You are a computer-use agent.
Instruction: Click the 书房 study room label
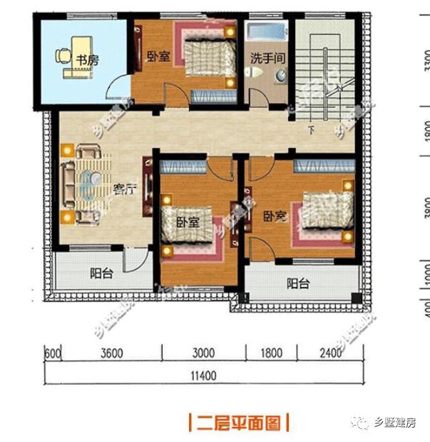(87, 61)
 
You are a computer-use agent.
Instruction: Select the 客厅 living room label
(125, 189)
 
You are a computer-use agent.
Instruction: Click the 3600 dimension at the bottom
(112, 353)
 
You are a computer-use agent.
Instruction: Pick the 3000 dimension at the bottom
(203, 353)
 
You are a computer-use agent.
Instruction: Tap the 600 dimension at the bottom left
(51, 353)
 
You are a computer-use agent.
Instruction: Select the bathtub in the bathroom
(266, 31)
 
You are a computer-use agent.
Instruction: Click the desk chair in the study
(63, 54)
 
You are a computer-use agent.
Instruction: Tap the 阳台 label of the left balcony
(101, 272)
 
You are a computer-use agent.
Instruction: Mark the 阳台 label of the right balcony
(298, 283)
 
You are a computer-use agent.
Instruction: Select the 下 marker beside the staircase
(311, 130)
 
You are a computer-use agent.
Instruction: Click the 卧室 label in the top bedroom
(158, 57)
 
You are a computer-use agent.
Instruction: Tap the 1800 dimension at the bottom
(272, 353)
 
